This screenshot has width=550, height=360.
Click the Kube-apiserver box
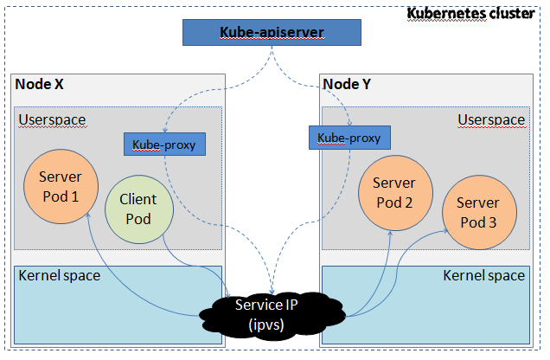tap(272, 33)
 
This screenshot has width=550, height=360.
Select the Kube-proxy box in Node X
tap(164, 145)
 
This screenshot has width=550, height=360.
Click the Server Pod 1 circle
tap(59, 186)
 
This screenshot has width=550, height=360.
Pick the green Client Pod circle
tap(137, 209)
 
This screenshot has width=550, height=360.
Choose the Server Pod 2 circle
tap(393, 192)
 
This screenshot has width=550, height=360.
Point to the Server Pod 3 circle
tap(477, 213)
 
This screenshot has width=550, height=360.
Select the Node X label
tap(40, 85)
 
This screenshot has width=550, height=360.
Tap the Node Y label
tap(347, 84)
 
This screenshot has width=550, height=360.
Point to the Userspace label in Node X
tap(51, 118)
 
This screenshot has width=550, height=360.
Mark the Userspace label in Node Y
tap(490, 119)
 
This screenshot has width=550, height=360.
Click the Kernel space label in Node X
tap(59, 276)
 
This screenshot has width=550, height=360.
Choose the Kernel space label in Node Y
tap(483, 276)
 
